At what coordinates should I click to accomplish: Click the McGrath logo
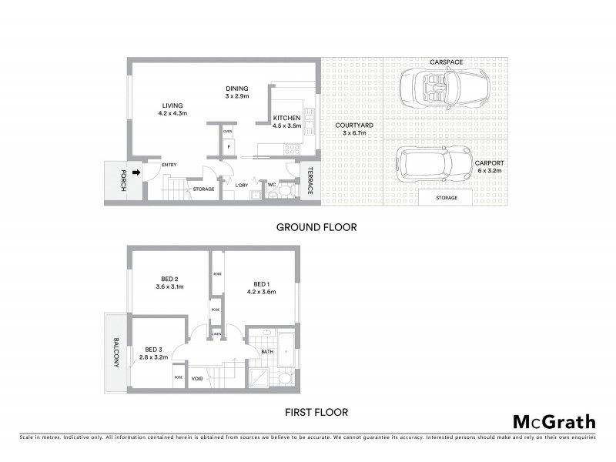554,421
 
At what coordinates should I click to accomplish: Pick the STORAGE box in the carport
447,198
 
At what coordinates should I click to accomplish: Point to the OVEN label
228,132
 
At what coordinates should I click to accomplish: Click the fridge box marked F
228,146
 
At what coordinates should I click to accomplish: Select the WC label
272,185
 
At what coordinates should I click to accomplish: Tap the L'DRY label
241,185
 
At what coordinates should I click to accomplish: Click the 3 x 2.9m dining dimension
237,96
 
